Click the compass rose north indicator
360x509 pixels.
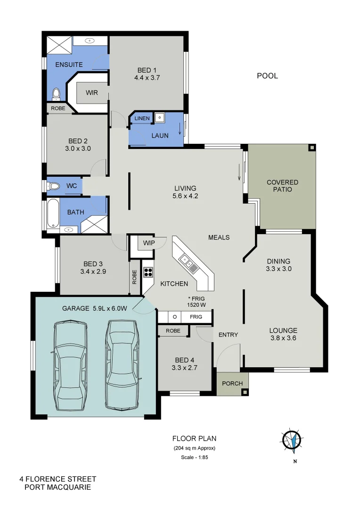tap(292, 441)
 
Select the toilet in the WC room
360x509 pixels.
tap(53, 187)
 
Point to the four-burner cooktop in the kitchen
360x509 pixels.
tap(148, 271)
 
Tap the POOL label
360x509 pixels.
tap(267, 75)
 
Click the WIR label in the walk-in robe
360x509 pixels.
tap(92, 92)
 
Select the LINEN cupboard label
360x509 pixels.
tap(142, 118)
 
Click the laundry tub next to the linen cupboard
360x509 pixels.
tap(160, 117)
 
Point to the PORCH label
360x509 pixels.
tap(232, 383)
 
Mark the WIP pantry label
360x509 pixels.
tap(149, 243)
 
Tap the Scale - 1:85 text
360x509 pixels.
tap(194, 457)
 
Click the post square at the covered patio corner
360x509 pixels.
tap(311, 148)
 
